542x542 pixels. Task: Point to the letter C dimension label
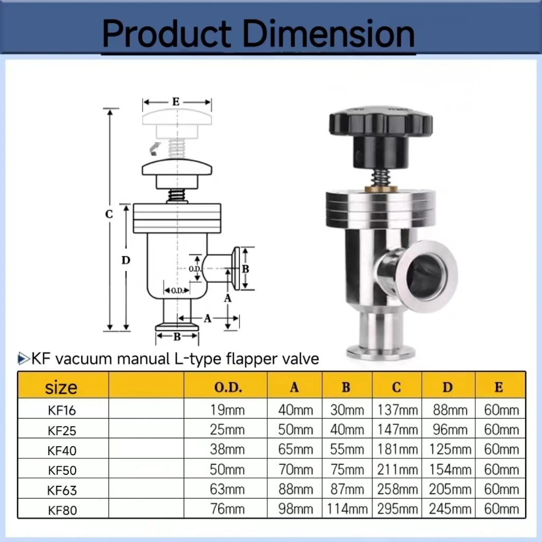(x=109, y=214)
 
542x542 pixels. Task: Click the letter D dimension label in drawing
(x=126, y=260)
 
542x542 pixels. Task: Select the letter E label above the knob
(x=176, y=102)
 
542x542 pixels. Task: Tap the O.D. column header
(x=228, y=387)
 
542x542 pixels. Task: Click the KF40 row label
(x=62, y=450)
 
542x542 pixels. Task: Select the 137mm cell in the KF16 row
(x=397, y=410)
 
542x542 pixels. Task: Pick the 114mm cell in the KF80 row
(x=346, y=509)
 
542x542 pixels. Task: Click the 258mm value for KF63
(x=397, y=489)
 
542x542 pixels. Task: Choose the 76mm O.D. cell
(x=228, y=509)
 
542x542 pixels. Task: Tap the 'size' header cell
(x=61, y=387)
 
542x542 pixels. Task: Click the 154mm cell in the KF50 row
(x=448, y=469)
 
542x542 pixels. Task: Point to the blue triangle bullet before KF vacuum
(x=23, y=359)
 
